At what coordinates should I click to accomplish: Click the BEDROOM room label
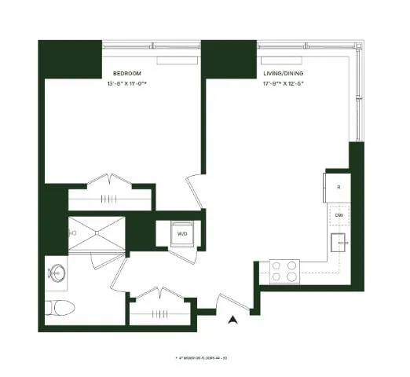tap(124, 73)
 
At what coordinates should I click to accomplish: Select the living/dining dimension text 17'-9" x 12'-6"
tap(284, 83)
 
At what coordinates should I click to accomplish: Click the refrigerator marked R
tap(338, 188)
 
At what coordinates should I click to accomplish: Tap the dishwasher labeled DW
tap(339, 214)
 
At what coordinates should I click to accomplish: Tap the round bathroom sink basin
tap(57, 274)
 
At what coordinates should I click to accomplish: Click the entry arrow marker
tap(232, 319)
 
